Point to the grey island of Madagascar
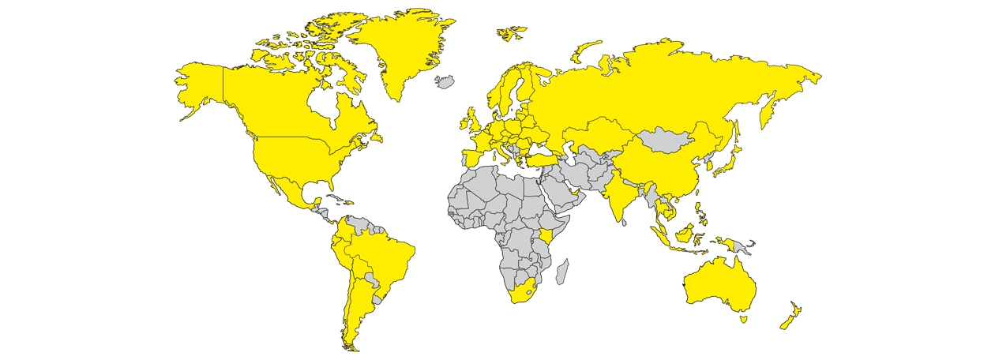(x=563, y=272)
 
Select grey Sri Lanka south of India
(x=624, y=223)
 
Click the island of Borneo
(x=685, y=232)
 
